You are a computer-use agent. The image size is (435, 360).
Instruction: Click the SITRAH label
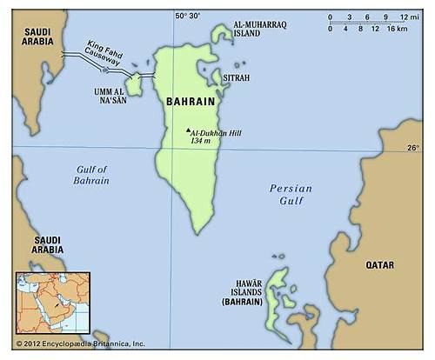[237, 77]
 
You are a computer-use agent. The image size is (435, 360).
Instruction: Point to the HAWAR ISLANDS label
[243, 301]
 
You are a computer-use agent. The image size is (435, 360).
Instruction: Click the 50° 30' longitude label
[187, 15]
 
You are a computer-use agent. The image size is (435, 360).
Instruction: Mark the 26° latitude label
[412, 148]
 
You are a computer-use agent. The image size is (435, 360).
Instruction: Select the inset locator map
[52, 303]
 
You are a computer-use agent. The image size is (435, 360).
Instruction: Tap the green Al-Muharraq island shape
[223, 35]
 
